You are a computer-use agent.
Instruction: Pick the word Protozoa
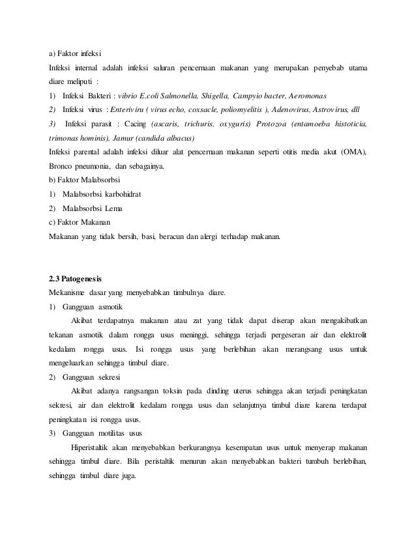pyautogui.click(x=276, y=124)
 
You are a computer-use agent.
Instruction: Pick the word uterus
pyautogui.click(x=227, y=392)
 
